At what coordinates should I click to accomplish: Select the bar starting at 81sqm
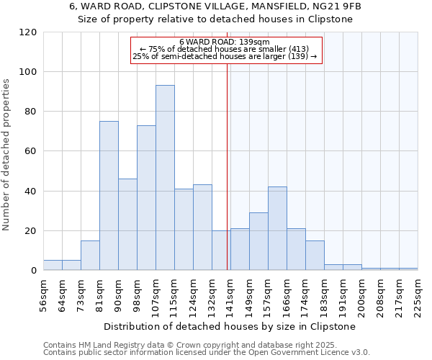point(109,196)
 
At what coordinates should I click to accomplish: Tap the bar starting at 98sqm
point(146,198)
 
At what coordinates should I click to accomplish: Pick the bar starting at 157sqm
point(277,228)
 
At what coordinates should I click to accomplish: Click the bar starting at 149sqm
point(258,241)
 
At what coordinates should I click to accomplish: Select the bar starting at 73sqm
point(90,256)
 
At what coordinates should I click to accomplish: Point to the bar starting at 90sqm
point(127,225)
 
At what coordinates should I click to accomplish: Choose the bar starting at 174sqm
point(315,256)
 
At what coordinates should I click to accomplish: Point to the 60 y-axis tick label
point(31,151)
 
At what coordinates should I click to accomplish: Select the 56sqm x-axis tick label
point(43,293)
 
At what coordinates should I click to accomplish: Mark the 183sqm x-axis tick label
point(324,293)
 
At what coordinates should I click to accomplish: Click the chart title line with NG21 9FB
point(215,6)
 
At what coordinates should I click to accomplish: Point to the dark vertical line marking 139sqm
point(228,166)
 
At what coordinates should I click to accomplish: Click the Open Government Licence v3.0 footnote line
point(206,352)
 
